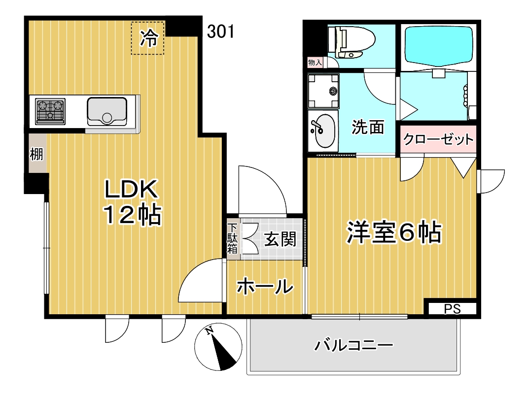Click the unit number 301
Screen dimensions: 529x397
pos(220,32)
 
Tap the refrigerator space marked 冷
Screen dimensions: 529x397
pos(147,38)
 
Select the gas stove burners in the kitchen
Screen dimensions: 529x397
pos(50,110)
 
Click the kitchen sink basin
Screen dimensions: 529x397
pos(107,111)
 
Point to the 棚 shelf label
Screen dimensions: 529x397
pos(36,154)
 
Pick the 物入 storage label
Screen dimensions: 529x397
pos(315,63)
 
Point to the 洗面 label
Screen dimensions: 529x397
pos(367,128)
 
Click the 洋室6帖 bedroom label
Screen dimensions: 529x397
pos(392,232)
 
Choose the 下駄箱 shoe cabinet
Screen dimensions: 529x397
pos(233,238)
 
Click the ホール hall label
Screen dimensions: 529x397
pos(264,287)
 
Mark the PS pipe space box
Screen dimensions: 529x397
pos(452,309)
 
